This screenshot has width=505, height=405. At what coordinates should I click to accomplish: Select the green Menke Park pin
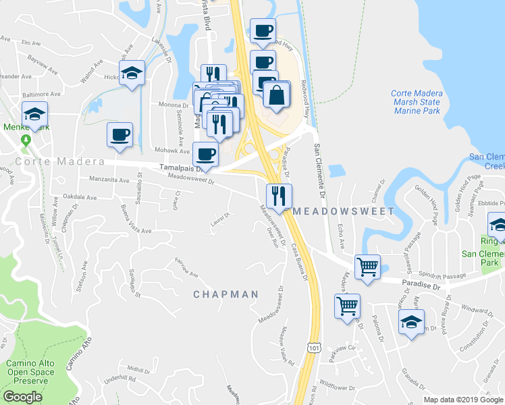pyautogui.click(x=26, y=141)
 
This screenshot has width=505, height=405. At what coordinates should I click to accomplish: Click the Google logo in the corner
pyautogui.click(x=22, y=397)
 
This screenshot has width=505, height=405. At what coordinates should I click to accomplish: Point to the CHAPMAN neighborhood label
pyautogui.click(x=225, y=294)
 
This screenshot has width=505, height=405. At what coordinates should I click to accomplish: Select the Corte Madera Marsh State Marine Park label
pyautogui.click(x=415, y=102)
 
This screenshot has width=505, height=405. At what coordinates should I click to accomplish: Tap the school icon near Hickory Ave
pyautogui.click(x=132, y=74)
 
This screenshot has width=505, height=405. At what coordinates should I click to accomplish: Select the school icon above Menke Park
pyautogui.click(x=34, y=115)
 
